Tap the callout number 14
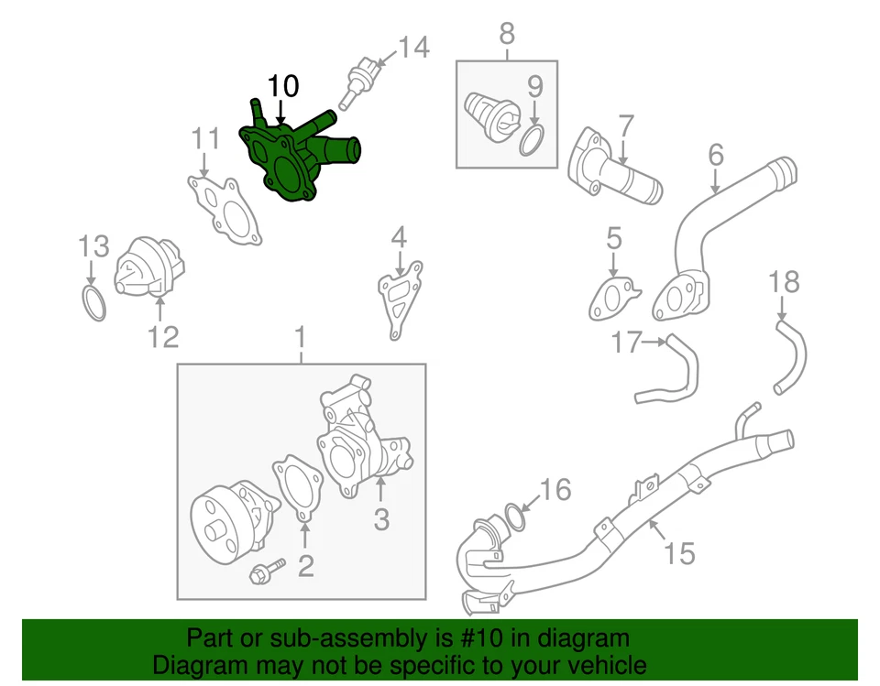click(x=413, y=48)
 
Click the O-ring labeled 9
click(x=533, y=141)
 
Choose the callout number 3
click(x=381, y=520)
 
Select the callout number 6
click(x=715, y=156)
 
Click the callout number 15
click(x=679, y=552)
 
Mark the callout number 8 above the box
click(x=506, y=35)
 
